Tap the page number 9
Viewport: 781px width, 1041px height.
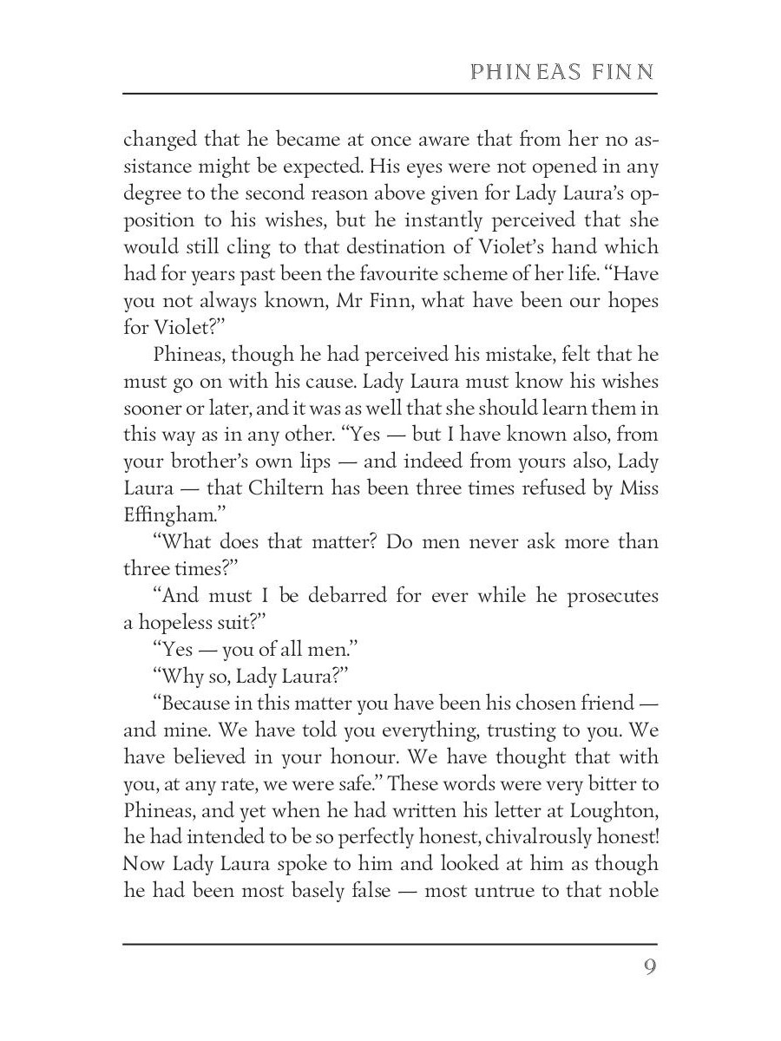point(650,967)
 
